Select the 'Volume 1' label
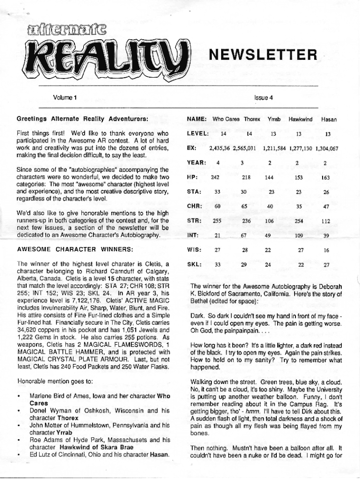pos(65,98)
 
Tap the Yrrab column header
pos(274,120)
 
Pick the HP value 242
pos(215,178)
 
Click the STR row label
pos(194,221)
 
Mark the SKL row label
pos(194,265)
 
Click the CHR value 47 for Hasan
pos(326,207)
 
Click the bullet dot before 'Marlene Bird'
pos(18,396)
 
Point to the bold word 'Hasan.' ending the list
pos(159,454)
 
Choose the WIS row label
pos(194,250)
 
